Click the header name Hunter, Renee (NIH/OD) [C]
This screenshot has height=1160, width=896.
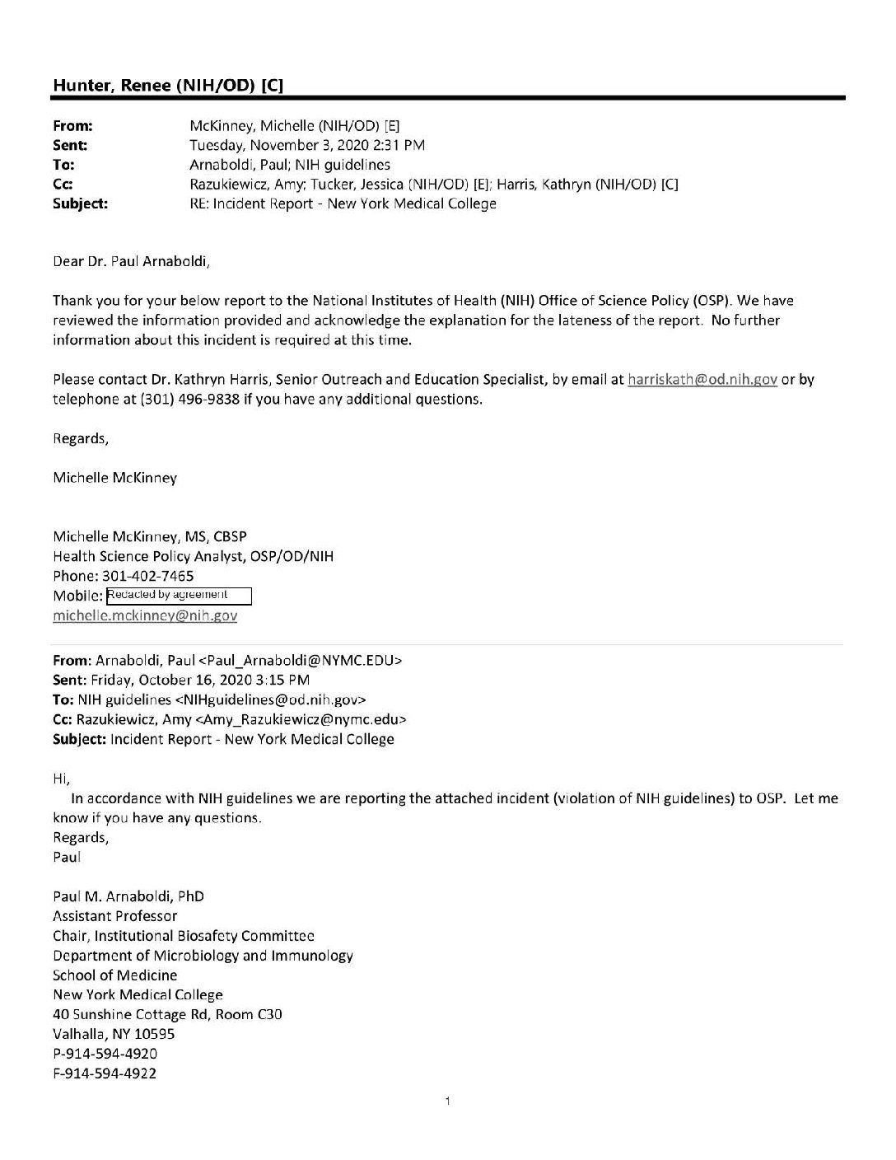(169, 85)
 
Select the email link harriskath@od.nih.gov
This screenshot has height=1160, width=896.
(702, 380)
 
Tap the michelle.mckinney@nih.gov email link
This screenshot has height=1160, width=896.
(145, 615)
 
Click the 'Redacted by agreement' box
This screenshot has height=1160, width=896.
(179, 595)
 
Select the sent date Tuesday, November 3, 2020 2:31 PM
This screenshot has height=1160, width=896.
(307, 145)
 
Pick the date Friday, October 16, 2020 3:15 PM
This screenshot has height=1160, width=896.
(203, 680)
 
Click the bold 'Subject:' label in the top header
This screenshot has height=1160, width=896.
(80, 203)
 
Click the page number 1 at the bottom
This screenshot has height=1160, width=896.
(446, 1101)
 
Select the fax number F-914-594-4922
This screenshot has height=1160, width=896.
(105, 1073)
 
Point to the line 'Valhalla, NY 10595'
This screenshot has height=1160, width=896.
(114, 1034)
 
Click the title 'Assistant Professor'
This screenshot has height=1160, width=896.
(115, 915)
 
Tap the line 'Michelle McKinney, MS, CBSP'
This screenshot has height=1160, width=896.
(150, 536)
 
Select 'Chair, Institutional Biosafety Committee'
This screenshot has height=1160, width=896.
(184, 935)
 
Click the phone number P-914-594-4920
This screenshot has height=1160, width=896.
(105, 1054)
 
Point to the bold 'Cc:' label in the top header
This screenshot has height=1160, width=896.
(63, 185)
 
